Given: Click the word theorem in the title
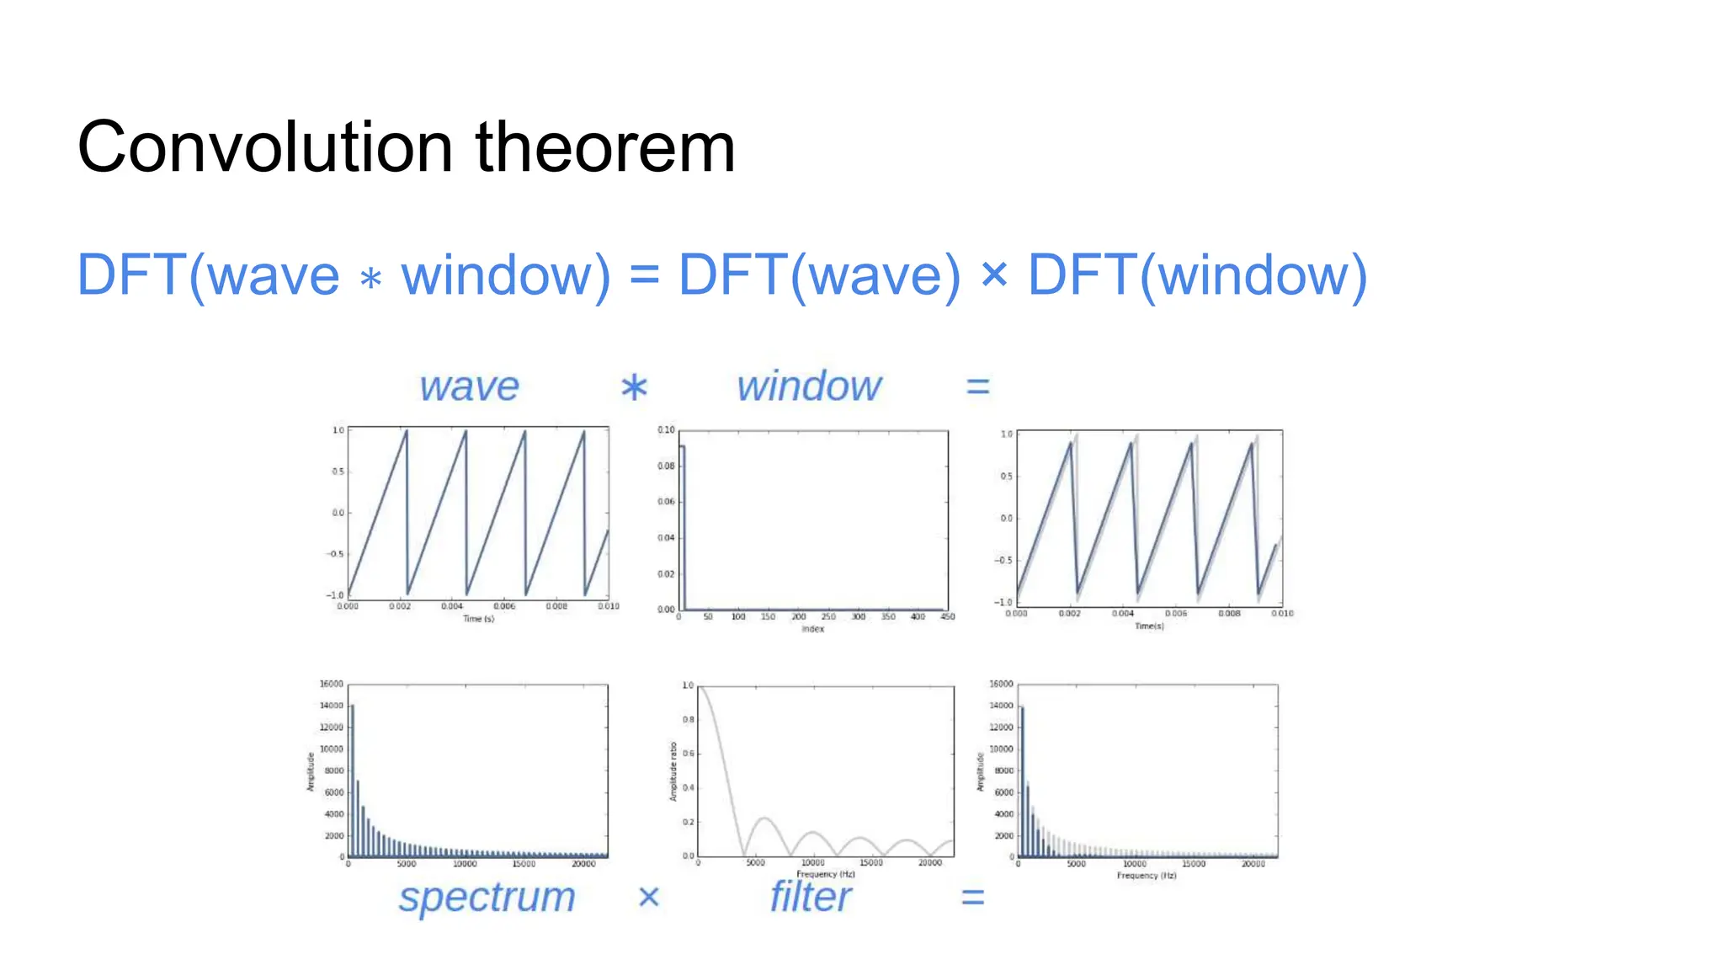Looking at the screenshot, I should coord(605,147).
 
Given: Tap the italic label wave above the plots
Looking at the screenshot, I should coord(469,386).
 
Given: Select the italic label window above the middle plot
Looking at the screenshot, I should coord(809,386).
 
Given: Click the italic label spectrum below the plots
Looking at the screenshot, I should coord(487,898).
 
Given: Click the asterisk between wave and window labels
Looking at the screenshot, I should coord(634,388).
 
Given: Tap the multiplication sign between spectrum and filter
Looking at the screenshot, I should coord(648,897).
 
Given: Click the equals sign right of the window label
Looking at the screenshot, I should coord(977,386).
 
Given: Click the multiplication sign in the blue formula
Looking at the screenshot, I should coord(994,274).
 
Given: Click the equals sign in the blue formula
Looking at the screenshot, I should coord(644,274).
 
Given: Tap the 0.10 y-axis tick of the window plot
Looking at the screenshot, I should coord(666,430).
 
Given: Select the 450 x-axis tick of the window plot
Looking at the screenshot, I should coord(948,617).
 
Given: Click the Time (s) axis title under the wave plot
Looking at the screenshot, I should coord(478,619).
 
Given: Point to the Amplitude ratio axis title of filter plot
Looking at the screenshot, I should coord(673,771).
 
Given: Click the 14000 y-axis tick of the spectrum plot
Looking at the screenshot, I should coord(331,706).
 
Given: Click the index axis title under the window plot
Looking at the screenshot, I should coord(812,629).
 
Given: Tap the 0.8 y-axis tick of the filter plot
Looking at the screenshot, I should coord(689,720).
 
